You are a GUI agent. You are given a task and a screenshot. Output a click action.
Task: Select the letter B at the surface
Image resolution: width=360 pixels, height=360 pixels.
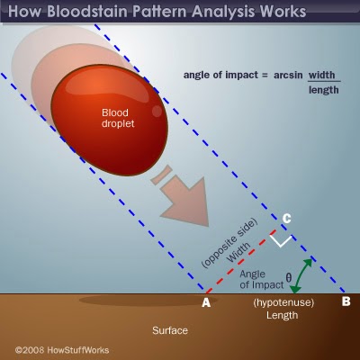346,302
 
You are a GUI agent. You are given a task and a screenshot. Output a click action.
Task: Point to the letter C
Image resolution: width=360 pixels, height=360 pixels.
286,218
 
